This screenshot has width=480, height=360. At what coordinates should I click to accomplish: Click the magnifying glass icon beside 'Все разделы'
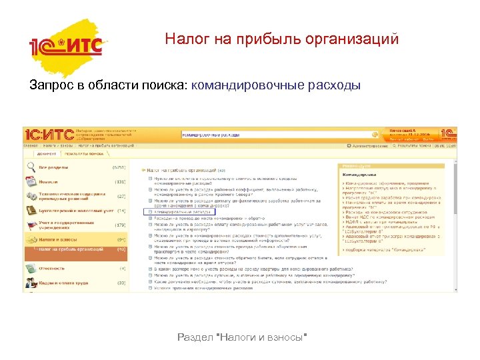tap(31, 167)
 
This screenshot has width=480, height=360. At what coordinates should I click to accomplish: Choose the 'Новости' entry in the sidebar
tap(48, 181)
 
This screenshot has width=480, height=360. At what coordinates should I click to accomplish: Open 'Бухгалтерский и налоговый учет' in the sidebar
tap(67, 210)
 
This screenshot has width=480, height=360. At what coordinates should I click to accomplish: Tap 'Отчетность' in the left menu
tap(52, 267)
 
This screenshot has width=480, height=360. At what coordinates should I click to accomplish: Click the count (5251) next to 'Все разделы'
tap(119, 167)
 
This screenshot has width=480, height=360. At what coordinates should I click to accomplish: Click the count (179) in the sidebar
tap(121, 225)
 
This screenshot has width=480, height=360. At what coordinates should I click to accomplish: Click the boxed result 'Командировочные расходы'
tap(183, 212)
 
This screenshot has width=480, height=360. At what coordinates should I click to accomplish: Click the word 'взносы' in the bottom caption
tap(288, 338)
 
